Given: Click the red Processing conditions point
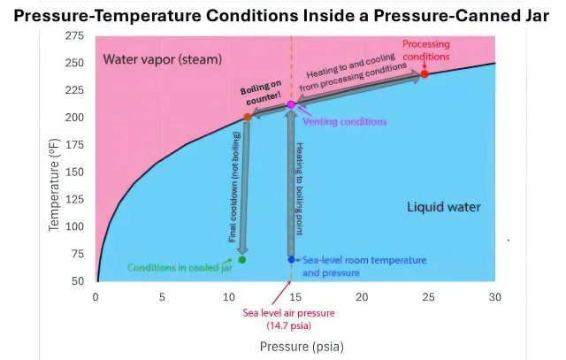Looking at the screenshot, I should coord(425,73).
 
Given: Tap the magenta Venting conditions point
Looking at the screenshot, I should coord(291,105).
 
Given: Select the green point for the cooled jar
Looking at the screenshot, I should coord(242,259).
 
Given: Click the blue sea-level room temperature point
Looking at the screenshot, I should coord(291,259).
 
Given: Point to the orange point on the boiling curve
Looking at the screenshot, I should coord(248,117).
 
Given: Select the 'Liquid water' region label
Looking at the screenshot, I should coord(443,207).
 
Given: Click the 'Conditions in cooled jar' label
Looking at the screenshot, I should coord(180,267).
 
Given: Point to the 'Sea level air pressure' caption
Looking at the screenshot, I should coord(291,318).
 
